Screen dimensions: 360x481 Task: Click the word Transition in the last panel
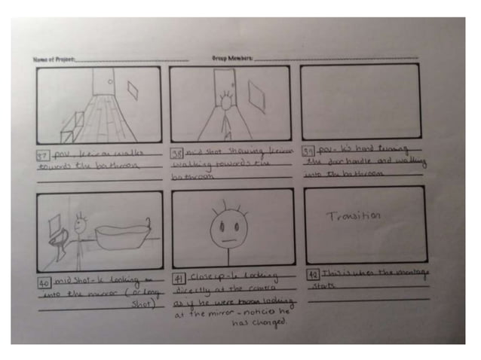354,216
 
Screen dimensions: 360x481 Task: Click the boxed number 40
44,282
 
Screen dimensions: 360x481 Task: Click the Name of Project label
54,58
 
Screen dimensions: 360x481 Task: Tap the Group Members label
233,58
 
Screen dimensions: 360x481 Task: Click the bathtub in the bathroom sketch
122,237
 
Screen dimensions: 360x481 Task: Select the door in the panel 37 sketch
103,83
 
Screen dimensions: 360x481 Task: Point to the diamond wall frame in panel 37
133,91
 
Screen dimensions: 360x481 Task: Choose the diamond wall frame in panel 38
257,95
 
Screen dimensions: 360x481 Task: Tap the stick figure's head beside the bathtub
81,224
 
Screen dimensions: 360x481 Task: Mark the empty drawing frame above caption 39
360,102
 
